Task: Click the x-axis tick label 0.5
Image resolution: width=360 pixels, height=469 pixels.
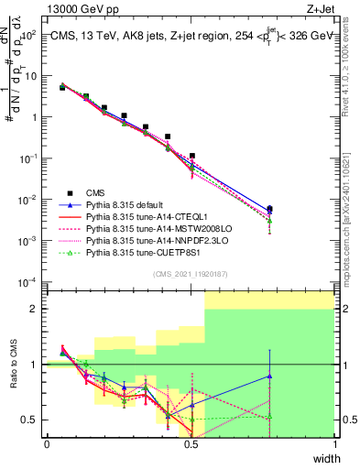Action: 191,442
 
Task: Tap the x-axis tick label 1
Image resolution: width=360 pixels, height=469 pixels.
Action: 335,442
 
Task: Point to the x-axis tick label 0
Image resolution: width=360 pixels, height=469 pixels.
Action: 47,442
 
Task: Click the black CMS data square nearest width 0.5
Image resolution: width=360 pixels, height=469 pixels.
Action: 192,156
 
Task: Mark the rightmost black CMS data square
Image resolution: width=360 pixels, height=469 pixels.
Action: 269,210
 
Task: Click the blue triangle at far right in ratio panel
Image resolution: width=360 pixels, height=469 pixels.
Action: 269,376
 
